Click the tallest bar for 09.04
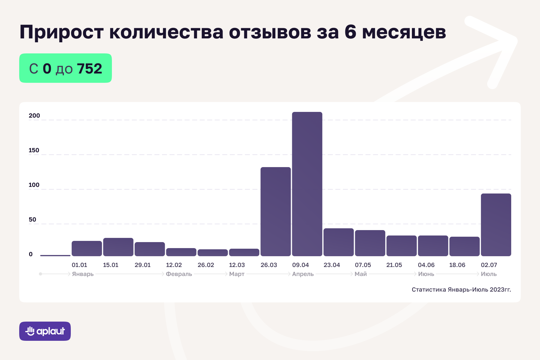coord(307,184)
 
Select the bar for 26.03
coord(276,211)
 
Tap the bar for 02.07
coord(496,225)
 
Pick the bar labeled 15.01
coord(118,247)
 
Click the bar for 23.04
coord(339,242)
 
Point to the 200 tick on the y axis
coord(34,116)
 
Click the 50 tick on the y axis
coord(32,220)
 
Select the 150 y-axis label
coord(34,150)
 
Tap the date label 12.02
coord(174,265)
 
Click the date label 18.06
coord(457,265)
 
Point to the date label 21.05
coord(394,265)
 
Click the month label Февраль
coord(179,274)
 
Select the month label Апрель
coord(303,274)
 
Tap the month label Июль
coord(489,274)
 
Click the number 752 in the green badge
coord(89,69)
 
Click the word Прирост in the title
coord(61,32)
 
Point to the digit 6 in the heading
coord(350,31)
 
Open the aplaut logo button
coord(45,331)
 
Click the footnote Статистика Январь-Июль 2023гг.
coord(461,290)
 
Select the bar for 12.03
coord(244,252)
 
